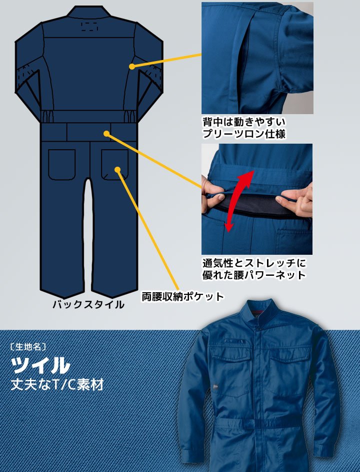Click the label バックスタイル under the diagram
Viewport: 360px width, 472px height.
[88, 304]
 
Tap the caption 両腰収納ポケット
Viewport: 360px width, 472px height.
[183, 297]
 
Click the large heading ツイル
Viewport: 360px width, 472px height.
[40, 365]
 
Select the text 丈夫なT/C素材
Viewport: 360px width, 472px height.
[57, 385]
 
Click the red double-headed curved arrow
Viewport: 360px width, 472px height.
[239, 201]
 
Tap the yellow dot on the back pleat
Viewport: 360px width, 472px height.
[131, 67]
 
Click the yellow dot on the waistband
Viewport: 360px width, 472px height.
[106, 133]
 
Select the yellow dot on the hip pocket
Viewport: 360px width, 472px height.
[117, 170]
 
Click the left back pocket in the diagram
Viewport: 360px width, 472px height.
[61, 164]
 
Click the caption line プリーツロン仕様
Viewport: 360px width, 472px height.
[244, 134]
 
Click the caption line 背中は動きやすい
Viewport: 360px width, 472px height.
[244, 122]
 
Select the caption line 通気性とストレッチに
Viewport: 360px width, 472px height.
[254, 263]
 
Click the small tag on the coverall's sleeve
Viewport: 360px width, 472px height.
[214, 387]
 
